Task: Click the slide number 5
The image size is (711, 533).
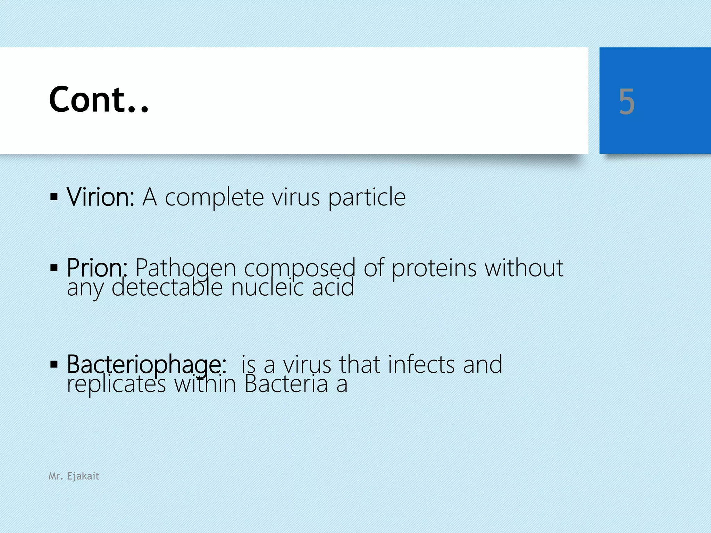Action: [627, 101]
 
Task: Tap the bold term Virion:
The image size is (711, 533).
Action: [101, 197]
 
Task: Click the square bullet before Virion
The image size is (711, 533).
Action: [54, 197]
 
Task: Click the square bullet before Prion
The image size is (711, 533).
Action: [54, 268]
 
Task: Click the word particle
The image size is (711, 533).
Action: [367, 198]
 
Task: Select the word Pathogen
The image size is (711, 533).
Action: [186, 268]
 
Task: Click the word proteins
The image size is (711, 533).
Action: [434, 268]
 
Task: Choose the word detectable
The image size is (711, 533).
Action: [167, 288]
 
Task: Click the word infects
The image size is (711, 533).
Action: [421, 364]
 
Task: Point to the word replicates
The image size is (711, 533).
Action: [116, 384]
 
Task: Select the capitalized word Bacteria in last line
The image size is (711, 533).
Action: [286, 384]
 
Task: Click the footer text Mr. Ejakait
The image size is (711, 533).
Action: [74, 476]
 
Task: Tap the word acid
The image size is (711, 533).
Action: [333, 288]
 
